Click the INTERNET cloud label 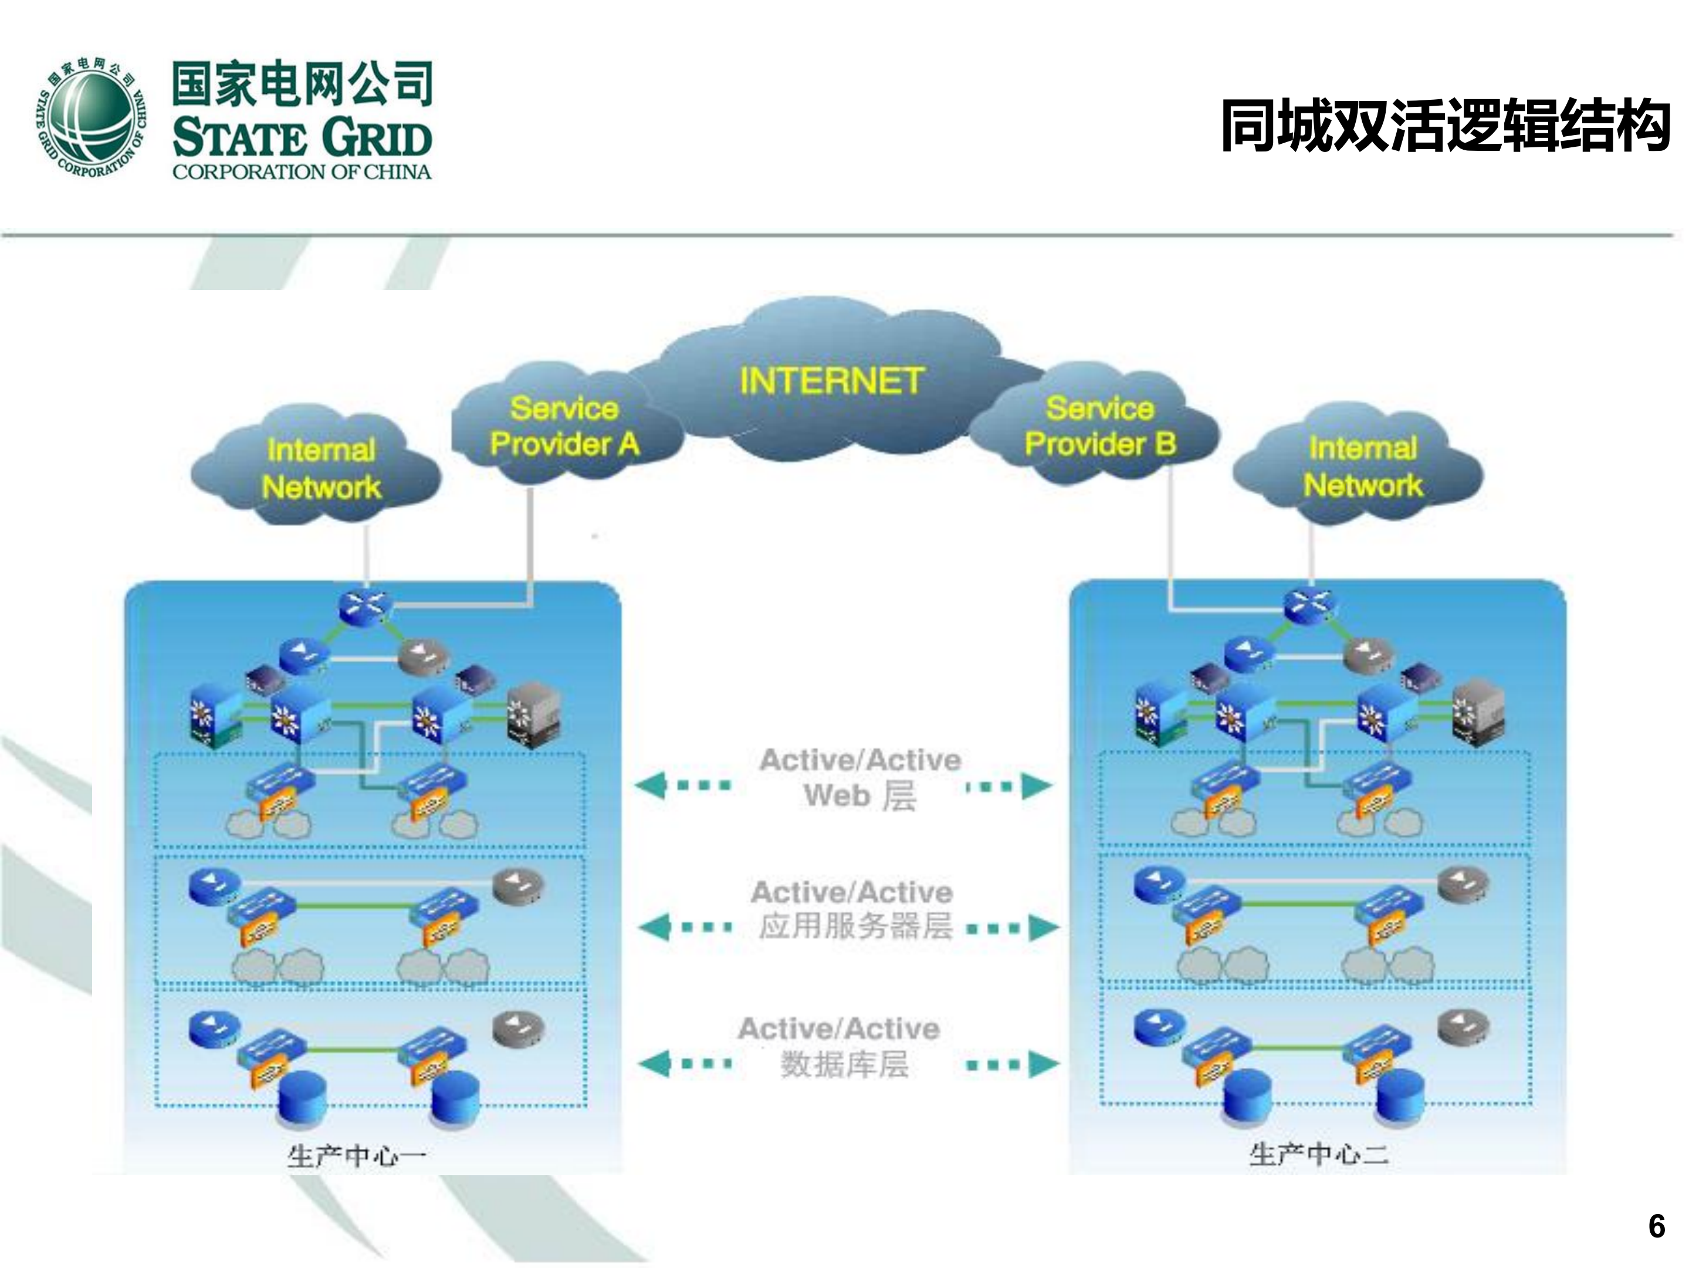(x=831, y=380)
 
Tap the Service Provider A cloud (x=564, y=426)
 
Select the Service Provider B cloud (x=1099, y=426)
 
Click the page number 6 (x=1656, y=1227)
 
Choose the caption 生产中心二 (x=1319, y=1154)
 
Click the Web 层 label (x=860, y=796)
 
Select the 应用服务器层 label (x=856, y=926)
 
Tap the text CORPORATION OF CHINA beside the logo (x=302, y=172)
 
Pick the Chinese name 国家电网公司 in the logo (x=302, y=83)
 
